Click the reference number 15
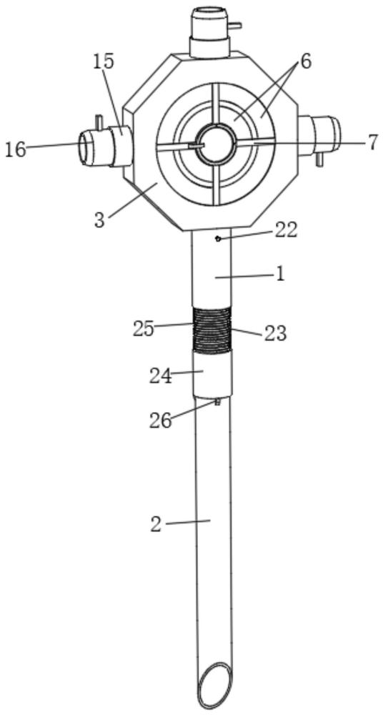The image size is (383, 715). pos(104,61)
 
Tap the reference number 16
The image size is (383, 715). pos(15,149)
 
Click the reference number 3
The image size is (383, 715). pos(100,220)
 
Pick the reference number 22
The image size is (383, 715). pos(286,230)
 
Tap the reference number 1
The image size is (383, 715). pos(280,274)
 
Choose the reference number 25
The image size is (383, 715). pos(144,329)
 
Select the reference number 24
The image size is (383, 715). pos(161,376)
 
